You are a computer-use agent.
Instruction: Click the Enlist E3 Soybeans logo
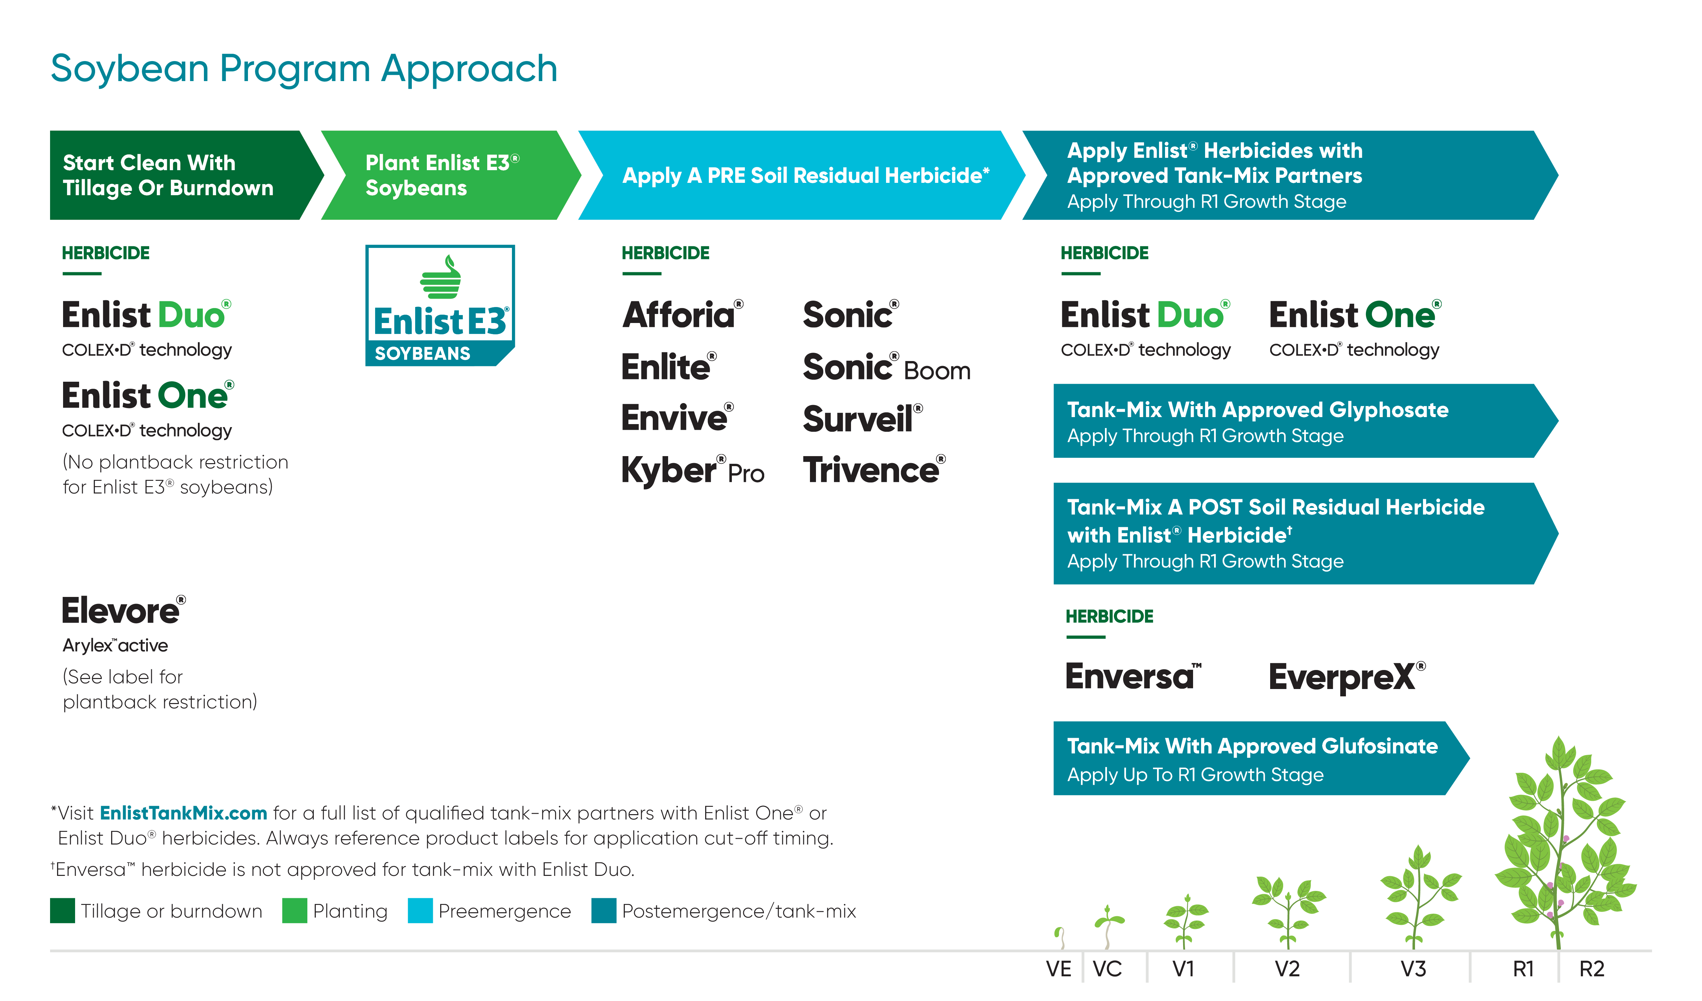pyautogui.click(x=440, y=305)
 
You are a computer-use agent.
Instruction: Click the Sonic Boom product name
pyautogui.click(x=885, y=368)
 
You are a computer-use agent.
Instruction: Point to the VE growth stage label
pyautogui.click(x=1058, y=969)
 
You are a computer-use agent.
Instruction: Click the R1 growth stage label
pyautogui.click(x=1523, y=969)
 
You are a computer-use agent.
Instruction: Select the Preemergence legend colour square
pyautogui.click(x=420, y=911)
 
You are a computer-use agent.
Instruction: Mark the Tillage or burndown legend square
pyautogui.click(x=62, y=911)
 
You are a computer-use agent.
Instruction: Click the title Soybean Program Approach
pyautogui.click(x=304, y=69)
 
